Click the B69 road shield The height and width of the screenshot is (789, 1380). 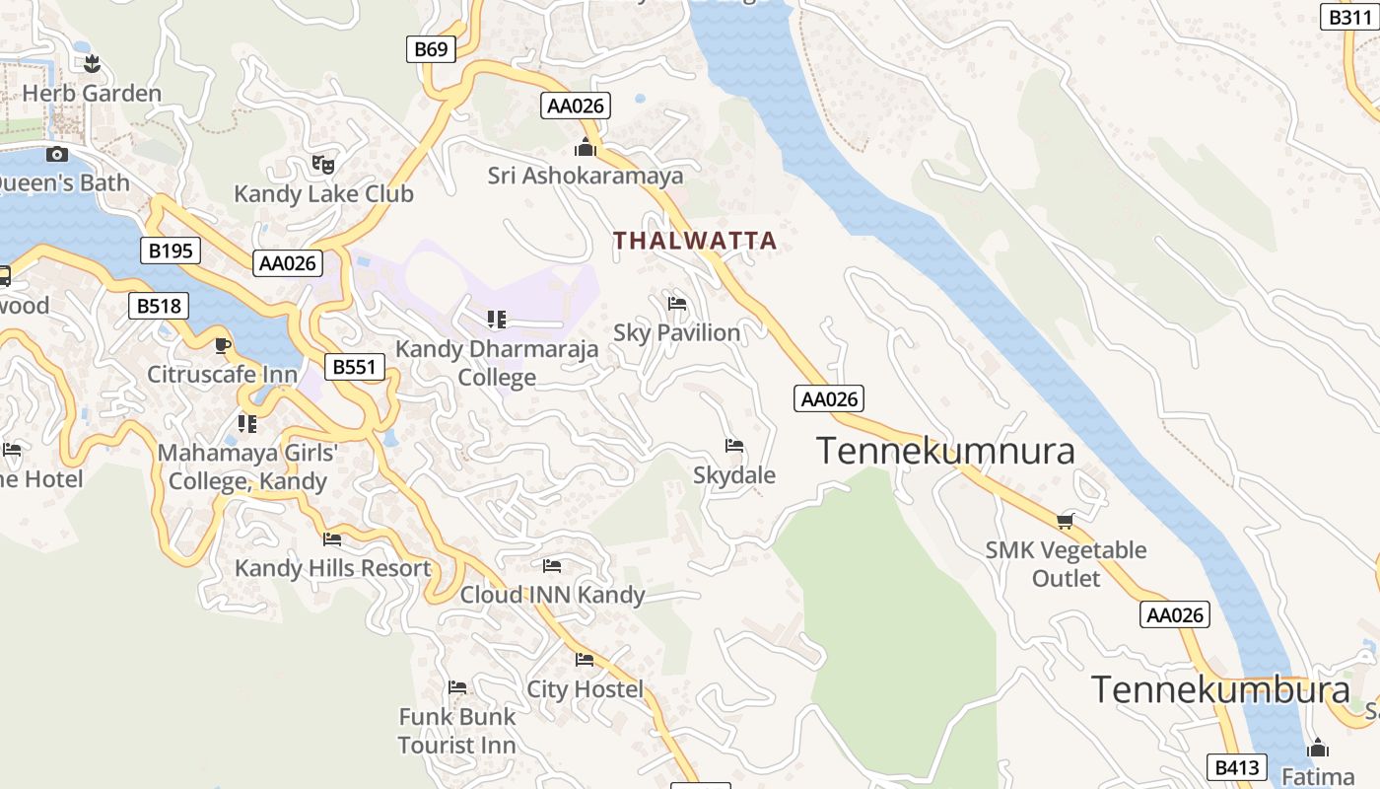click(x=431, y=49)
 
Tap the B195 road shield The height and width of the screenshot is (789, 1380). click(x=171, y=251)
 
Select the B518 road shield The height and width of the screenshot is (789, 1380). click(x=158, y=306)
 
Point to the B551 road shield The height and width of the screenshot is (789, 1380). click(x=354, y=367)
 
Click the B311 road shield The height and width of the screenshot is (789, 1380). click(x=1348, y=17)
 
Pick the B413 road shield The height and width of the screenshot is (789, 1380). click(x=1236, y=767)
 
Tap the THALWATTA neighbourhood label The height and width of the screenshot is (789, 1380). click(x=695, y=240)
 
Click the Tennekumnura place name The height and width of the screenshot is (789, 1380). click(x=945, y=451)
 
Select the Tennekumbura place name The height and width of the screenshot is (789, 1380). click(x=1219, y=688)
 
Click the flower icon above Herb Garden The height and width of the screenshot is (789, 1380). click(x=93, y=65)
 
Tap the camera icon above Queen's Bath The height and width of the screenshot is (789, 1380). click(x=57, y=154)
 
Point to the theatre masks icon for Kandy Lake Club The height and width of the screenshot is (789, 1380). click(x=322, y=165)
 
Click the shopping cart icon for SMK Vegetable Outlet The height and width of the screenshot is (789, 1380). click(x=1065, y=521)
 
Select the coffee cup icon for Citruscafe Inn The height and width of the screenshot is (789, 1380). click(x=223, y=345)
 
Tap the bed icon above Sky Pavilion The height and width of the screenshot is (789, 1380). click(x=676, y=304)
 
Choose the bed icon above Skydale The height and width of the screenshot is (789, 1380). click(x=733, y=446)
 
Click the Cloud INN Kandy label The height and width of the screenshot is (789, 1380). click(x=552, y=595)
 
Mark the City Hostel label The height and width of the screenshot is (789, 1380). click(x=585, y=688)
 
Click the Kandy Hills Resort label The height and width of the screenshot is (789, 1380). click(x=332, y=568)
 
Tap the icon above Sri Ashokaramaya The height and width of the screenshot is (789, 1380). click(x=586, y=148)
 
